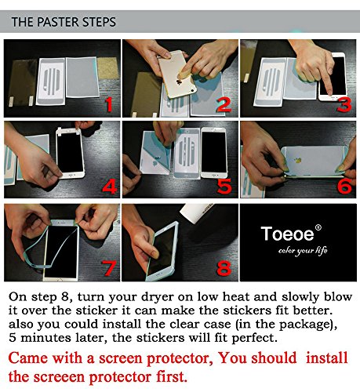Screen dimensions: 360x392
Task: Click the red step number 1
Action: [x=109, y=105]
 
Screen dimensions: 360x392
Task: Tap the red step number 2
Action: [x=224, y=105]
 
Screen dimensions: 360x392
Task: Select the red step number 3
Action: [x=344, y=105]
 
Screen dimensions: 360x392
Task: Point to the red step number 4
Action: [x=110, y=187]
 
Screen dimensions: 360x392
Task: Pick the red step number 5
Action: [x=224, y=187]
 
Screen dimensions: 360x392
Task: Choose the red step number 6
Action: [x=344, y=187]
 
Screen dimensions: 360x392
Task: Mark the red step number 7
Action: [x=110, y=268]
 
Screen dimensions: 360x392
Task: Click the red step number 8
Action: [x=224, y=268]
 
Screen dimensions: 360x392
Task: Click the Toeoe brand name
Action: [x=287, y=234]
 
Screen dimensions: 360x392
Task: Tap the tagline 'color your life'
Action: [x=303, y=251]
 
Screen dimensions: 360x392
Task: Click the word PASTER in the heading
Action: [x=60, y=22]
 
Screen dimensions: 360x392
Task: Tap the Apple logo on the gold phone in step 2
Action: [x=179, y=82]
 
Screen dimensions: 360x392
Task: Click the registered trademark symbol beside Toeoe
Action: [x=318, y=228]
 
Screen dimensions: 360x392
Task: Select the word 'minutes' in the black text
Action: [x=45, y=338]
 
